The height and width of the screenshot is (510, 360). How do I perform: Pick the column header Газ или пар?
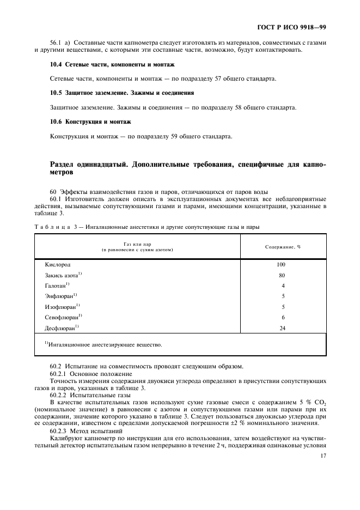click(137, 247)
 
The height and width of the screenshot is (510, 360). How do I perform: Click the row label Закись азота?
click(63, 275)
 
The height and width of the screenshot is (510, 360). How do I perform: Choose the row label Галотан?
click(57, 286)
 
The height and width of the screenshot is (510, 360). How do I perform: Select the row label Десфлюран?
click(62, 327)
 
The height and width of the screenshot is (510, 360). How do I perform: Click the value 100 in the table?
click(281, 265)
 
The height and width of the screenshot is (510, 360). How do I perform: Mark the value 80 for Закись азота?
click(282, 275)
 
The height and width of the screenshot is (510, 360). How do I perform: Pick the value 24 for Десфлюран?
click(282, 328)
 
